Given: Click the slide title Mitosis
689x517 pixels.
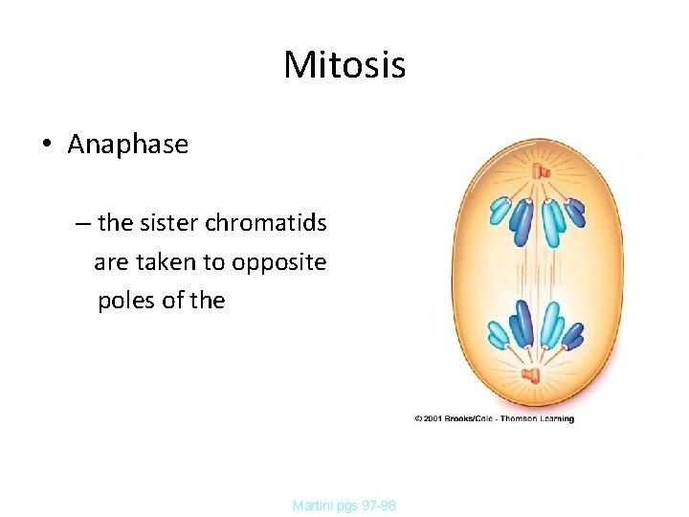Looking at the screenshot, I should coord(344,65).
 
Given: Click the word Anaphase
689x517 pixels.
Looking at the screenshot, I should coord(128,145).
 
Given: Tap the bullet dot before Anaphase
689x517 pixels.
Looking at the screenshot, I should coord(46,146).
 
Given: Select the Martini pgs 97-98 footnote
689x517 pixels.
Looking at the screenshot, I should coord(344,505).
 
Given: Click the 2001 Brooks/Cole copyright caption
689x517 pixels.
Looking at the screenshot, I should coord(494,418).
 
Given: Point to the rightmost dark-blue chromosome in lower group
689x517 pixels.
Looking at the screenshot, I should coord(573,334).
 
